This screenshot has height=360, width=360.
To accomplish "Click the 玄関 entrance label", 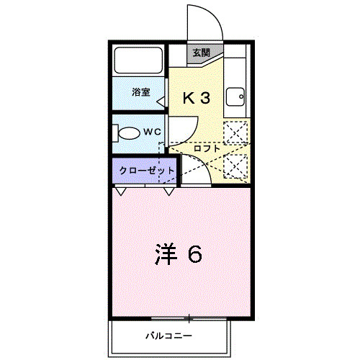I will (201, 53).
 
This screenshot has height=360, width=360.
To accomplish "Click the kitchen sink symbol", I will (235, 96).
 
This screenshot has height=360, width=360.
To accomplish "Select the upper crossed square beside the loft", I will (235, 135).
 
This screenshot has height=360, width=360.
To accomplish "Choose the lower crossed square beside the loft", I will (235, 166).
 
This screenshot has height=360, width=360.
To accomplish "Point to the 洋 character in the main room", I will (165, 253).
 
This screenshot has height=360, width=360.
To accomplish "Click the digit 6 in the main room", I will (194, 253).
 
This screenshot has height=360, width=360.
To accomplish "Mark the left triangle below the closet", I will (120, 191).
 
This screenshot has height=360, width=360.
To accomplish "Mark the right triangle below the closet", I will (170, 191).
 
